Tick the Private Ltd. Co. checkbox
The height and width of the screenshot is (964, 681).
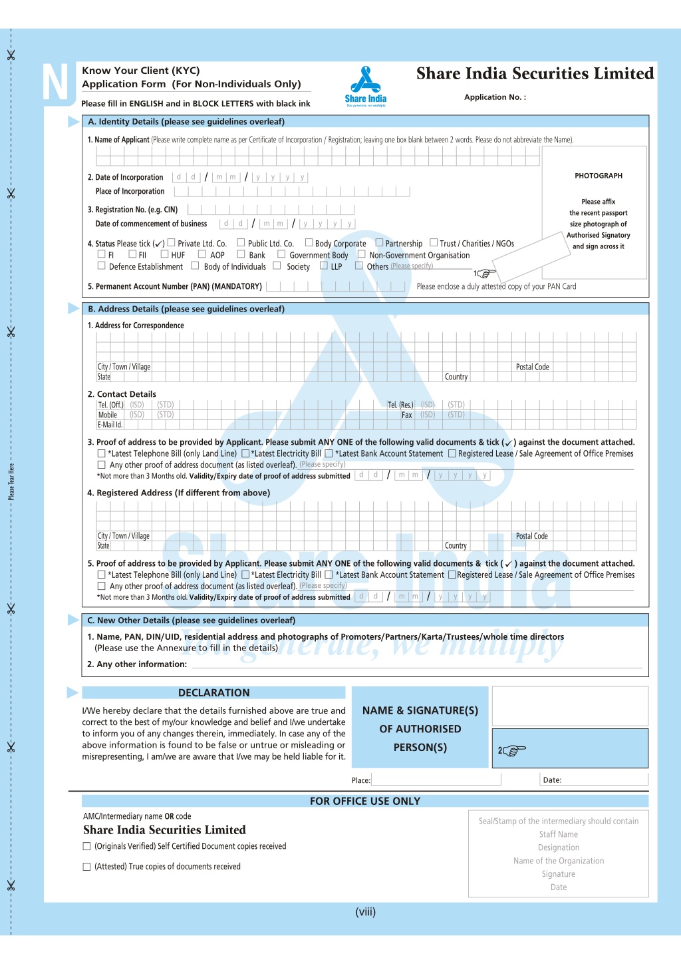pyautogui.click(x=171, y=243)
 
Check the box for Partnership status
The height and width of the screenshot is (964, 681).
pyautogui.click(x=379, y=243)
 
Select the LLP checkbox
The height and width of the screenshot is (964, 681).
pyautogui.click(x=324, y=266)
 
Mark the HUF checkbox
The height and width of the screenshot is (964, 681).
pyautogui.click(x=164, y=254)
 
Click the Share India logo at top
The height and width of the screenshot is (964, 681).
pyautogui.click(x=366, y=86)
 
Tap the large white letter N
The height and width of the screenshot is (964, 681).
pyautogui.click(x=55, y=84)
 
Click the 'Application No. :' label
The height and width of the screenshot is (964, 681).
pyautogui.click(x=495, y=97)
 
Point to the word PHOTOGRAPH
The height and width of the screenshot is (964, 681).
pyautogui.click(x=599, y=176)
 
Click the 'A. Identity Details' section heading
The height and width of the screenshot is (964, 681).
pyautogui.click(x=186, y=122)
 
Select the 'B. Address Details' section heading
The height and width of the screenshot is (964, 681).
pyautogui.click(x=186, y=309)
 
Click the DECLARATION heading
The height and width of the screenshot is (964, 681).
pyautogui.click(x=213, y=693)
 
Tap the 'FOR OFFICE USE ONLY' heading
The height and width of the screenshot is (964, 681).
pyautogui.click(x=365, y=801)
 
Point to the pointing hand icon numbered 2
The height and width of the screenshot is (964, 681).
pyautogui.click(x=513, y=750)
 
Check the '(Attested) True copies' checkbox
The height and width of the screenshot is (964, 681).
pyautogui.click(x=86, y=867)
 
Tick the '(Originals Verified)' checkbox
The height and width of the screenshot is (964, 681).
pyautogui.click(x=86, y=847)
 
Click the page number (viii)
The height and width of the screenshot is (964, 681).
pyautogui.click(x=365, y=912)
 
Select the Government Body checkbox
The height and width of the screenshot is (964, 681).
pyautogui.click(x=281, y=254)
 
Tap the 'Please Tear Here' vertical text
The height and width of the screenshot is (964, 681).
pyautogui.click(x=11, y=482)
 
